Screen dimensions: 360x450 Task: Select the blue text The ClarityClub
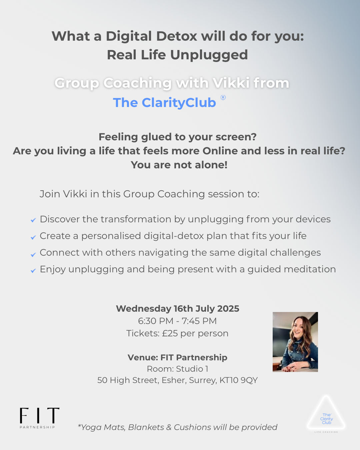pyautogui.click(x=164, y=103)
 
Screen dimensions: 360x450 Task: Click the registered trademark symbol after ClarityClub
pyautogui.click(x=223, y=98)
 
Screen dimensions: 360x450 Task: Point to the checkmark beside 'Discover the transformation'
pyautogui.click(x=33, y=220)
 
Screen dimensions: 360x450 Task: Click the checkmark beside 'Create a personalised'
pyautogui.click(x=33, y=237)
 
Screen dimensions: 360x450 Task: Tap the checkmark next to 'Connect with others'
pyautogui.click(x=33, y=254)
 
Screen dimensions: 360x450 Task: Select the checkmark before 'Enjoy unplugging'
pyautogui.click(x=33, y=271)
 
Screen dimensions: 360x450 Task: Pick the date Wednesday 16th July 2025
pyautogui.click(x=178, y=309)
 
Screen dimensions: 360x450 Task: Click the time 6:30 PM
pyautogui.click(x=156, y=321)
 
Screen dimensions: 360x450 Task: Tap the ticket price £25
pyautogui.click(x=170, y=333)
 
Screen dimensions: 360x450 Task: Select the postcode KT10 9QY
pyautogui.click(x=238, y=380)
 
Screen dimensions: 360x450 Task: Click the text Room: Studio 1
pyautogui.click(x=178, y=369)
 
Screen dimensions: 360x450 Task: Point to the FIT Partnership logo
pyautogui.click(x=40, y=418)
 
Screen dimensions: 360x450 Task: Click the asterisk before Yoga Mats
pyautogui.click(x=79, y=425)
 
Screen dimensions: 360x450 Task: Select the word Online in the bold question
pyautogui.click(x=220, y=151)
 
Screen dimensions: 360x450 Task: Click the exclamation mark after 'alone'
pyautogui.click(x=226, y=165)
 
